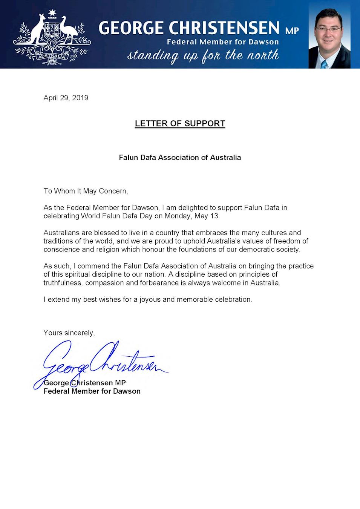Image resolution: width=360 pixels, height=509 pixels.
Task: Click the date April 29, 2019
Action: (x=66, y=98)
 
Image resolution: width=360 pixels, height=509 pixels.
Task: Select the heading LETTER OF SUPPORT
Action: (x=180, y=124)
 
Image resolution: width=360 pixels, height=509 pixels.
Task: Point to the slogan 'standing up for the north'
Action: (x=203, y=56)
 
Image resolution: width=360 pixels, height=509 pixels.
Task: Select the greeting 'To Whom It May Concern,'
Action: (x=86, y=191)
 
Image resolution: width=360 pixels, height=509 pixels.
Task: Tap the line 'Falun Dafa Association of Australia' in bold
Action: (x=180, y=158)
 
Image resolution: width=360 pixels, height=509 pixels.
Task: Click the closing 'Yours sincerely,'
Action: (x=69, y=333)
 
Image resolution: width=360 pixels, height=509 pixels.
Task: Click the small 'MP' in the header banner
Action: (x=292, y=31)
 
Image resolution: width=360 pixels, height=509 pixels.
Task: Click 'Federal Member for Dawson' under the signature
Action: (x=92, y=391)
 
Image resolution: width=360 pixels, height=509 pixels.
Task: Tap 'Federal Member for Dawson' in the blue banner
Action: (x=223, y=42)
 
